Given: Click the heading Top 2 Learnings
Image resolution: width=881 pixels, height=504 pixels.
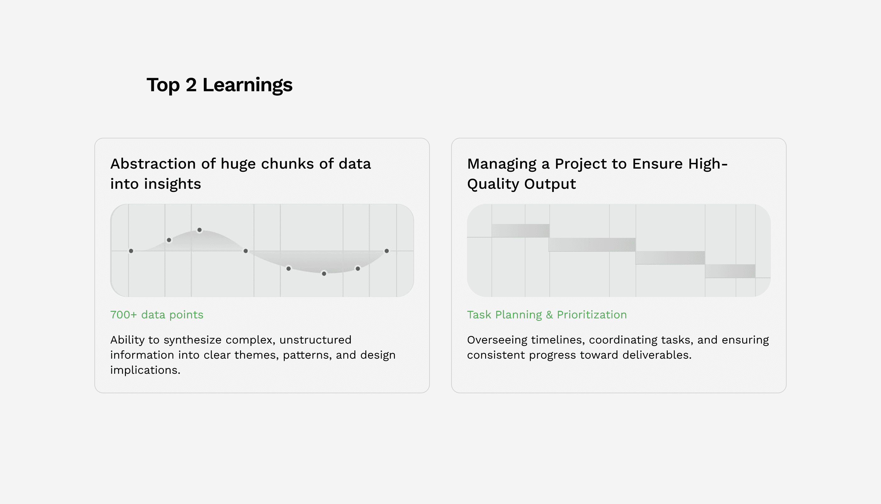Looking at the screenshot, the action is point(220,85).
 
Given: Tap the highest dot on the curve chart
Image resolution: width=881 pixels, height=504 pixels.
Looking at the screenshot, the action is point(199,230).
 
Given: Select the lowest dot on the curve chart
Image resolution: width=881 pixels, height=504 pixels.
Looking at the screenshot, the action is point(324,273).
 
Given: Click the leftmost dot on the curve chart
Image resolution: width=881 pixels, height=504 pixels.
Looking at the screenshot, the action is point(131,251).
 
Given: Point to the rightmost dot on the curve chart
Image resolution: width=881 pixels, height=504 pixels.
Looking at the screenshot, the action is point(387,251).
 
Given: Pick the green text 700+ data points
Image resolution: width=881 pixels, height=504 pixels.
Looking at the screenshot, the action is point(157,315).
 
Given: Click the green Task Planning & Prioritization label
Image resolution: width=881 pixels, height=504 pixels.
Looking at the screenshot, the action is point(547,315).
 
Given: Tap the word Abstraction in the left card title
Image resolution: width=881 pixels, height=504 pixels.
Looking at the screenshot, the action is point(153,164).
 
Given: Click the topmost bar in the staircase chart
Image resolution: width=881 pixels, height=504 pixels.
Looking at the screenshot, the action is point(520,231).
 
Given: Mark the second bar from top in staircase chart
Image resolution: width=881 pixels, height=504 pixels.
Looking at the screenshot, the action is point(592,244).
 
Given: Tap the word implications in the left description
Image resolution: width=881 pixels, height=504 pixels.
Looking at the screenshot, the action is point(145,370).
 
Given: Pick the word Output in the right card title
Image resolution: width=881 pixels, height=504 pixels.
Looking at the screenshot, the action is point(550,184).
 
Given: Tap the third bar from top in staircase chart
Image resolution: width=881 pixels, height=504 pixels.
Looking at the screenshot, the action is point(670,258).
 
